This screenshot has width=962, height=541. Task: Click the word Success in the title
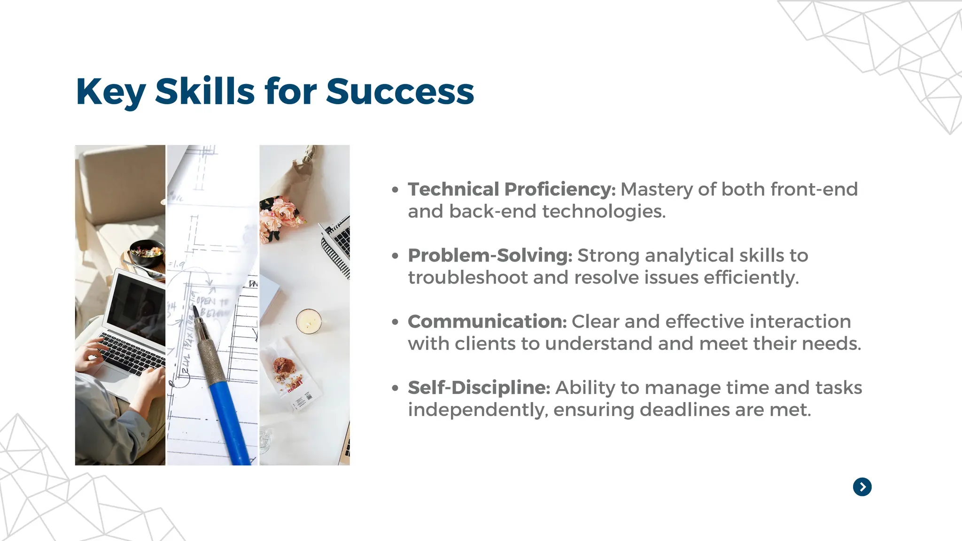pos(400,91)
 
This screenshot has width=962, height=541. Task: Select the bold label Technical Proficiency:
pos(512,189)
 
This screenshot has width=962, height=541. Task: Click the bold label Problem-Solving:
pos(490,255)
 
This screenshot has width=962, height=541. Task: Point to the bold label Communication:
pos(487,322)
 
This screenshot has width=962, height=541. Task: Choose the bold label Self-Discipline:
pos(479,388)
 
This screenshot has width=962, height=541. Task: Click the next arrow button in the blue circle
pos(862,487)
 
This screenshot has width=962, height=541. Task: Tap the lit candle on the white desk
pos(309,321)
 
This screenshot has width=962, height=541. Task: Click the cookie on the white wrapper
pos(284,366)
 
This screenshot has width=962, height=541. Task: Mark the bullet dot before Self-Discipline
pos(396,388)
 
